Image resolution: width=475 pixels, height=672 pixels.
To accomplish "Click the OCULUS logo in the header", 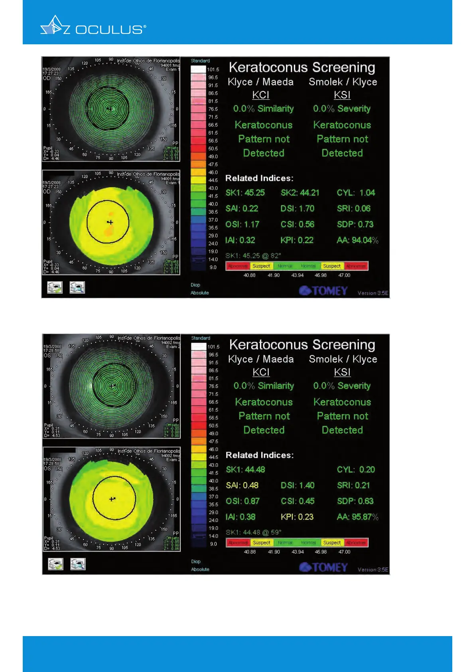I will pos(93,27).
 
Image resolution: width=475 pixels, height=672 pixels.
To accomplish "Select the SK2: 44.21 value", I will pos(300,193).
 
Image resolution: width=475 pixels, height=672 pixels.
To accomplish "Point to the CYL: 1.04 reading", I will pos(356,193).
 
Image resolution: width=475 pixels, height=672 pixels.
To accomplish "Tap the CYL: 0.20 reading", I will pos(356,470).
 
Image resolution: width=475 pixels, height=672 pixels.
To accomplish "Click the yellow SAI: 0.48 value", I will pos(242,485).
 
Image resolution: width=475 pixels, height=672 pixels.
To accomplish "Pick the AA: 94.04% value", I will pos(357,240).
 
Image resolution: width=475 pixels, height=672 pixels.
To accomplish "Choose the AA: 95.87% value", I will pos(357,517).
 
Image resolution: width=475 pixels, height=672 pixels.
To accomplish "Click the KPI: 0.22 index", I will pos(297,240).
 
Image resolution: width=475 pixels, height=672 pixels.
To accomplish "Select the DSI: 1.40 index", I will pos(298,485).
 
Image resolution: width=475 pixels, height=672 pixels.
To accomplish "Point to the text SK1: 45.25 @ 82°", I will pos(253,256).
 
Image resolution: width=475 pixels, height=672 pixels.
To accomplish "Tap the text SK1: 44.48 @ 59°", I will pos(253,532).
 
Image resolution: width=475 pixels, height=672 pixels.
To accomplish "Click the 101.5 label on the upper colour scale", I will pos(213,69).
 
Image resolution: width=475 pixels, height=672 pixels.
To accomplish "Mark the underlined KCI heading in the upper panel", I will pos(261,95).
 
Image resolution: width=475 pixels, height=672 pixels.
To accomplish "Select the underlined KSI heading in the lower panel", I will pos(342,372).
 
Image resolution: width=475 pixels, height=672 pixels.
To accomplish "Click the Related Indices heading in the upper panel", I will pos(259,178).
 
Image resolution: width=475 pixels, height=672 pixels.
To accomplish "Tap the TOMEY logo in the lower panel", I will pos(323,567).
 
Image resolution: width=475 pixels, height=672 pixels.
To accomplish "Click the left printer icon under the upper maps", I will pos(55,287).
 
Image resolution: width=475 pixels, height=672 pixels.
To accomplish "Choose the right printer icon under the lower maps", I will pos(78,564).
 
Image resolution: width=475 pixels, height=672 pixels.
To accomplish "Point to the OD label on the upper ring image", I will pos(47,78).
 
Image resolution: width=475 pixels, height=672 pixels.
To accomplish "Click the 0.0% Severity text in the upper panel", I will pos(342,109).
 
